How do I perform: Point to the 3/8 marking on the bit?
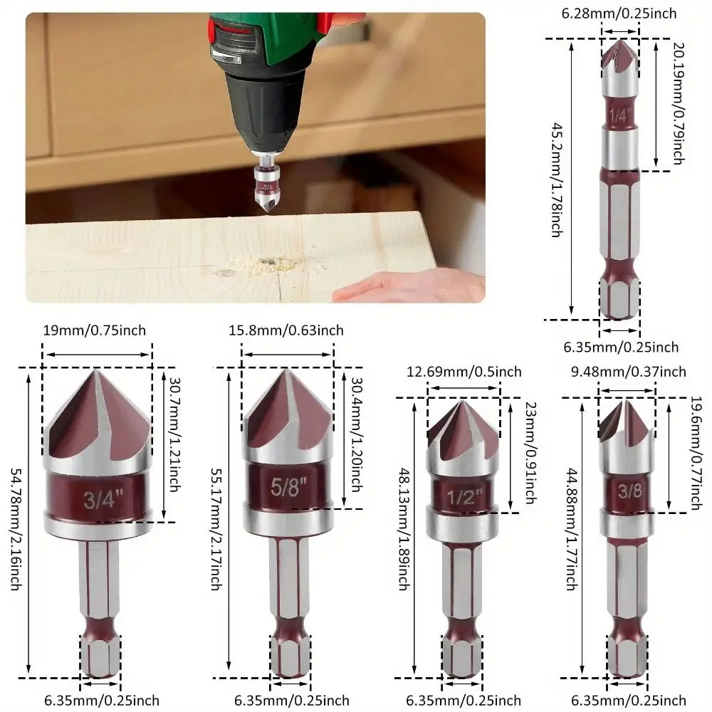point(627,491)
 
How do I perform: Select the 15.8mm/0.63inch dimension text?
point(287,330)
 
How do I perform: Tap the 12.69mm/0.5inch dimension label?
point(464,372)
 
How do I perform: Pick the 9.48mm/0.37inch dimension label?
point(627,372)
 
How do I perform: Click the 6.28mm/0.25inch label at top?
point(619,14)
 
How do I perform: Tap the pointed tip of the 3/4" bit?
point(97,372)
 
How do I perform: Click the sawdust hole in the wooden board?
point(271,263)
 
